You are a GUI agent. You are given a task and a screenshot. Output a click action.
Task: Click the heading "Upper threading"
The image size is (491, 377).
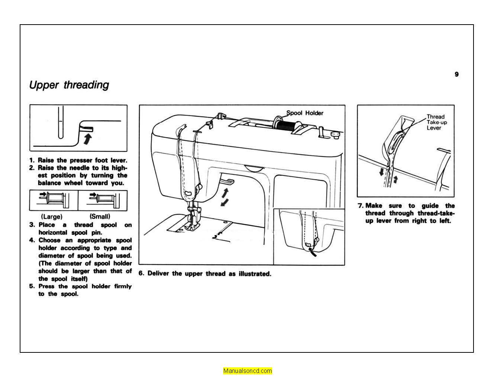pyautogui.click(x=69, y=85)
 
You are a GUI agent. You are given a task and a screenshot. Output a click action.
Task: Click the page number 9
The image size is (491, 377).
pyautogui.click(x=456, y=74)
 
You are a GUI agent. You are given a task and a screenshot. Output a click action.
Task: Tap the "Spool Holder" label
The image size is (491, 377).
pyautogui.click(x=305, y=113)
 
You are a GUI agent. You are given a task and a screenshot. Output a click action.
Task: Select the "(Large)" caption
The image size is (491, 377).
pyautogui.click(x=52, y=216)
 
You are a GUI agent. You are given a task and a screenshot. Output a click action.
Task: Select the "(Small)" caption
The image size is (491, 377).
pyautogui.click(x=100, y=216)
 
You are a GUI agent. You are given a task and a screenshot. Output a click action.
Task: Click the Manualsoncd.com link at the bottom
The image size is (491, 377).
pyautogui.click(x=247, y=371)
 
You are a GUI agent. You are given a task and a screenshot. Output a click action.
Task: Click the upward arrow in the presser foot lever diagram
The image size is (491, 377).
pyautogui.click(x=87, y=139)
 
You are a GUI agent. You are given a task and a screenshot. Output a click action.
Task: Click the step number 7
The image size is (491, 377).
pyautogui.click(x=360, y=206)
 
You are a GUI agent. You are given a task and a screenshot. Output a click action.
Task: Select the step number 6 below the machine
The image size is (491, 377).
pyautogui.click(x=141, y=273)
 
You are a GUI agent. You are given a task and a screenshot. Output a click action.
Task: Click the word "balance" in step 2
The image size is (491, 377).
pyautogui.click(x=49, y=183)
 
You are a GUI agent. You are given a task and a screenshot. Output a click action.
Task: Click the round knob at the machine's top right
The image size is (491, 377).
pyautogui.click(x=335, y=133)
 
